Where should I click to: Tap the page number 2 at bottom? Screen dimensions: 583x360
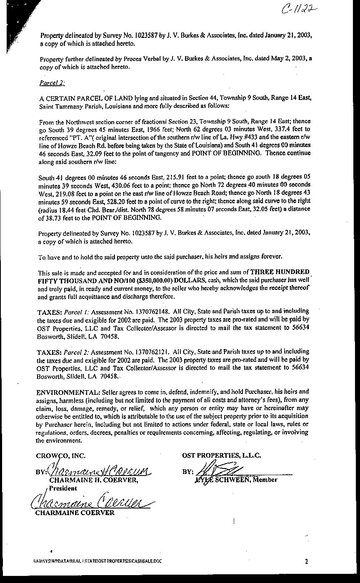pyautogui.click(x=306, y=561)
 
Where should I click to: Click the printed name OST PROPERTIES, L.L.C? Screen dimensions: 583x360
pyautogui.click(x=222, y=456)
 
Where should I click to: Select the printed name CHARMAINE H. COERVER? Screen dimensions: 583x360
pyautogui.click(x=93, y=480)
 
